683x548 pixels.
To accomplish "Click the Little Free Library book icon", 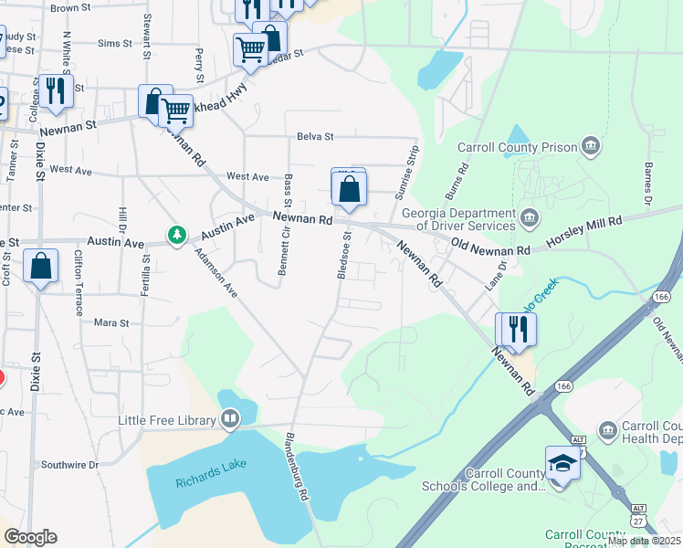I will click(x=229, y=420).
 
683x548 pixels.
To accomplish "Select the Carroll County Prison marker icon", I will click(x=591, y=146).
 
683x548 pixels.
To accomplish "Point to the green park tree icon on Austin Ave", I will click(x=176, y=236).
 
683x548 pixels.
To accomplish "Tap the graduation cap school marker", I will click(x=562, y=464).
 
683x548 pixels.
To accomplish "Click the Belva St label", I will click(x=315, y=137).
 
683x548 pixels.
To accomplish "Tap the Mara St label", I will click(x=111, y=322).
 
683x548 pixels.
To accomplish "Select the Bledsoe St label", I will click(x=345, y=255).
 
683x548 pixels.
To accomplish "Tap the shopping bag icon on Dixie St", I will click(x=41, y=267).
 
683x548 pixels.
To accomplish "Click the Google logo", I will click(x=30, y=537).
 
